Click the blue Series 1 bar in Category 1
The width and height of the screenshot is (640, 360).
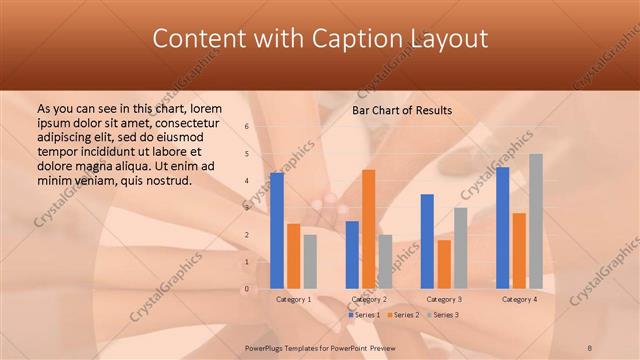pyautogui.click(x=277, y=231)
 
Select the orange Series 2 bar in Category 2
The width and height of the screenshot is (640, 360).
pyautogui.click(x=368, y=229)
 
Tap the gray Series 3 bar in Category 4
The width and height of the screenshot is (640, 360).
pyautogui.click(x=536, y=221)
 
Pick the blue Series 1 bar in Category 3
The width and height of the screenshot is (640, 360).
pyautogui.click(x=427, y=241)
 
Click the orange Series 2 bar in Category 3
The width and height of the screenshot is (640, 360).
pyautogui.click(x=444, y=264)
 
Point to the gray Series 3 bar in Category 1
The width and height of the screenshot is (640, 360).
pyautogui.click(x=310, y=261)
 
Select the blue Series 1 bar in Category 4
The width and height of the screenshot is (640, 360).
pyautogui.click(x=502, y=228)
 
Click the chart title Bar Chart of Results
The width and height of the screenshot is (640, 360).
pyautogui.click(x=402, y=110)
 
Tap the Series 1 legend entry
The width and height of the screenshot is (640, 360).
pyautogui.click(x=364, y=315)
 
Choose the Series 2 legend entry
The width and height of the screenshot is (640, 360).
pyautogui.click(x=402, y=315)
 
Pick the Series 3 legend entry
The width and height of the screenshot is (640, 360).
pyautogui.click(x=442, y=315)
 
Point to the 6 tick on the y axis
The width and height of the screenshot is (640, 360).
pyautogui.click(x=247, y=127)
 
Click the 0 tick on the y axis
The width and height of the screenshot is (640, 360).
pyautogui.click(x=247, y=289)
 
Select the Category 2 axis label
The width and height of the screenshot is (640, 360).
pyautogui.click(x=369, y=299)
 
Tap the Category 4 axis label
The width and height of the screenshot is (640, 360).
pyautogui.click(x=519, y=299)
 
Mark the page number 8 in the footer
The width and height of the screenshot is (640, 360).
pyautogui.click(x=590, y=347)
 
